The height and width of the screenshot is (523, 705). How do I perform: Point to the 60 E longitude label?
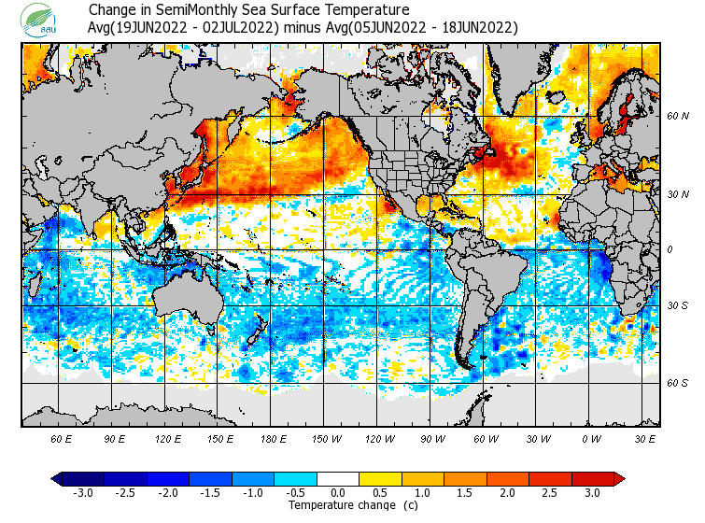pyautogui.click(x=62, y=439)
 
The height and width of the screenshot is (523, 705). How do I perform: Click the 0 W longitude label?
pyautogui.click(x=591, y=439)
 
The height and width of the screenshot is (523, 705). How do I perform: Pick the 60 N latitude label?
pyautogui.click(x=677, y=117)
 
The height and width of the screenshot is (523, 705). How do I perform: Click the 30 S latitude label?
pyautogui.click(x=677, y=306)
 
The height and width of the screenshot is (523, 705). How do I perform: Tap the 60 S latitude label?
pyautogui.click(x=677, y=383)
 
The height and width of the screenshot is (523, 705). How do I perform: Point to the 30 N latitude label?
pyautogui.click(x=677, y=194)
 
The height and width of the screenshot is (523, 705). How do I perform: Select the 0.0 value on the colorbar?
pyautogui.click(x=338, y=492)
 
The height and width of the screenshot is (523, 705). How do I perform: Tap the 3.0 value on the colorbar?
pyautogui.click(x=593, y=492)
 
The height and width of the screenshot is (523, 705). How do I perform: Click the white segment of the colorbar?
pyautogui.click(x=338, y=479)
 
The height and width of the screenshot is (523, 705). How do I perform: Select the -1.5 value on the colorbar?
pyautogui.click(x=210, y=492)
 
